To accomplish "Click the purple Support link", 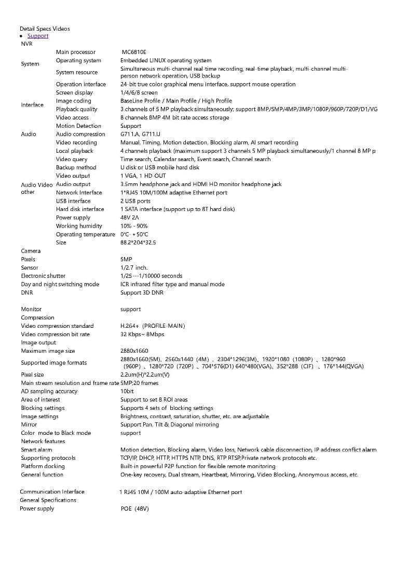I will click(x=38, y=36).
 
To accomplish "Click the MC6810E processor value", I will click(x=134, y=52).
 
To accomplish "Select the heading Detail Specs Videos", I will click(x=45, y=29).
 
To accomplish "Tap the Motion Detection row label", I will click(x=78, y=126).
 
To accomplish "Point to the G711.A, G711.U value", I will click(x=137, y=134).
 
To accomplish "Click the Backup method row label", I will click(x=76, y=167).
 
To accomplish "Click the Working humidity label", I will click(x=79, y=226).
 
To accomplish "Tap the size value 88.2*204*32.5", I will click(x=138, y=243).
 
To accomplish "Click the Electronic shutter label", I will click(x=43, y=276).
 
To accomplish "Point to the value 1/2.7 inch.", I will click(x=134, y=268).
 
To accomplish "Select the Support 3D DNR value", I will click(x=142, y=292).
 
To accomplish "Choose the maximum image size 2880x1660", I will click(x=134, y=351).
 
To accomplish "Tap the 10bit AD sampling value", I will click(x=127, y=391).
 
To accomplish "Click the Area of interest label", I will click(x=40, y=399).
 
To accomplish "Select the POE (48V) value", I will click(x=135, y=509).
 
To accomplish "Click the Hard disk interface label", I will click(x=80, y=209).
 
